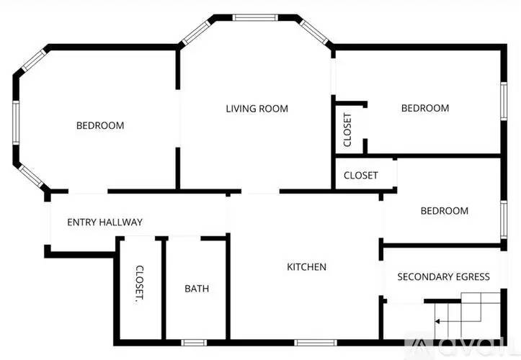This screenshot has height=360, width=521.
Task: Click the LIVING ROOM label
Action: [257, 109]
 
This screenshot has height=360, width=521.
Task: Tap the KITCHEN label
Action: [306, 266]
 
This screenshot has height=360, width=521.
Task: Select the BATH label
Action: [197, 289]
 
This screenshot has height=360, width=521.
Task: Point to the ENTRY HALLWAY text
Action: [104, 222]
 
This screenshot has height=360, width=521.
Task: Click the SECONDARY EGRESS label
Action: [444, 276]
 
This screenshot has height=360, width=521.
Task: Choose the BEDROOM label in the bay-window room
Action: [100, 125]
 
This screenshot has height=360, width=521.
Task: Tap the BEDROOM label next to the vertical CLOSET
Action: [425, 108]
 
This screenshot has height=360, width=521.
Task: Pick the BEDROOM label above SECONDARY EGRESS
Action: [444, 210]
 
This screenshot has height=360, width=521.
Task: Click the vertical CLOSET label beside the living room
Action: [347, 130]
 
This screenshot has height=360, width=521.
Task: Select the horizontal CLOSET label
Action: [360, 175]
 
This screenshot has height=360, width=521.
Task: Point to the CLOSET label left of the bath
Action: [140, 284]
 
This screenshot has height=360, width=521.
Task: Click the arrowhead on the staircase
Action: [437, 321]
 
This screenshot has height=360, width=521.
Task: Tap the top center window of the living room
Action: [255, 17]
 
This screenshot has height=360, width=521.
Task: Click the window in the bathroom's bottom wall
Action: [194, 343]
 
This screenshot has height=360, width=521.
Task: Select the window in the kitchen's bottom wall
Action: [316, 343]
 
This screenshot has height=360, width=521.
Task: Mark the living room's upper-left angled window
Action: [197, 32]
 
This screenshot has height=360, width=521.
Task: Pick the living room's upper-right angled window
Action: [313, 32]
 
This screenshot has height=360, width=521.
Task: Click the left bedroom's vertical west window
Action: [16, 122]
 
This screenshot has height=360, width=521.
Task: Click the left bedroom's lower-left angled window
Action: [30, 176]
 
